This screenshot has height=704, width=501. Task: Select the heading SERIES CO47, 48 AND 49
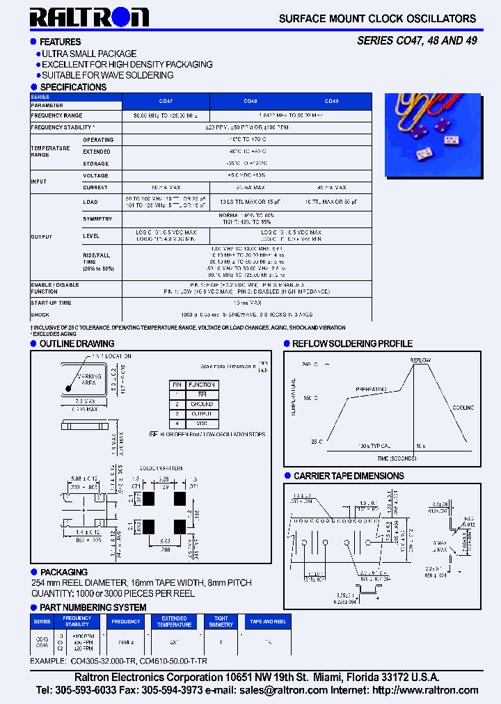pyautogui.click(x=417, y=41)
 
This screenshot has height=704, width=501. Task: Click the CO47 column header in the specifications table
pyautogui.click(x=166, y=101)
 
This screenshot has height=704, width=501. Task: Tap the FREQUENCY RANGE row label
pyautogui.click(x=56, y=115)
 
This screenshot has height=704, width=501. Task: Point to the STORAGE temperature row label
pyautogui.click(x=96, y=163)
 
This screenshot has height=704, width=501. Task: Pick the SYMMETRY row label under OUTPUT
pyautogui.click(x=97, y=218)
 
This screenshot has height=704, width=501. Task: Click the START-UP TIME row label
pyautogui.click(x=51, y=303)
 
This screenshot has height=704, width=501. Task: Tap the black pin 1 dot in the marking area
pyautogui.click(x=71, y=388)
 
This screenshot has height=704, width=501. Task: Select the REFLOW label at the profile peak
pyautogui.click(x=420, y=360)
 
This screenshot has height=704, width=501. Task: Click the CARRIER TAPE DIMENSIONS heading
pyautogui.click(x=349, y=476)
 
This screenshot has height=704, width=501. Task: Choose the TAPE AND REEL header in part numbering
pyautogui.click(x=268, y=621)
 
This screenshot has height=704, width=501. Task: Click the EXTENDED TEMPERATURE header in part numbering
pyautogui.click(x=174, y=621)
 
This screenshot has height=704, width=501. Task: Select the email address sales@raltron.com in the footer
pyautogui.click(x=287, y=690)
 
